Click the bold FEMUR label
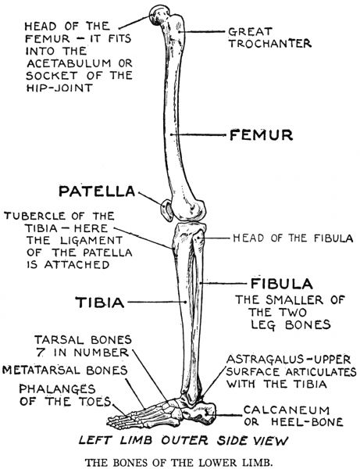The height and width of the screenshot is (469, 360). [x=261, y=135]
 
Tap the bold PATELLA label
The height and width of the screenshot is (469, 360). [x=97, y=192]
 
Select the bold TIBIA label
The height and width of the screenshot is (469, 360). [x=99, y=302]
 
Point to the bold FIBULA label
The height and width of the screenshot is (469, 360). [x=281, y=284]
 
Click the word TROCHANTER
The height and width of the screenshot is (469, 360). [x=270, y=44]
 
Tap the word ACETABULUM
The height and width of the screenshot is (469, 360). [x=69, y=63]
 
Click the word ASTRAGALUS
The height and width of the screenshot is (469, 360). [x=265, y=360]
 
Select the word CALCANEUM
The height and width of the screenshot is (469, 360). [x=287, y=410]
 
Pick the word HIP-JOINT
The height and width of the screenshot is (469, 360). [x=59, y=88]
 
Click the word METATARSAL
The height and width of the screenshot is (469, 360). [x=41, y=371]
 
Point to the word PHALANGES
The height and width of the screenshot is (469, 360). [x=57, y=388]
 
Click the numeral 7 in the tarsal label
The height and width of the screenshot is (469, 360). [x=40, y=353]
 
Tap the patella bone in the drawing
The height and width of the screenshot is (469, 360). [x=166, y=211]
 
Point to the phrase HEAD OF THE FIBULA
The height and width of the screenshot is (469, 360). [x=293, y=238]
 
